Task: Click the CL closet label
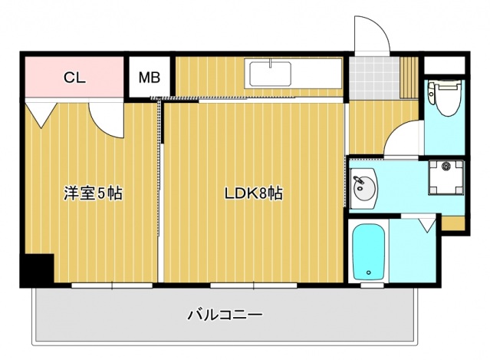(74, 78)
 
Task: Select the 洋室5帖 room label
(93, 193)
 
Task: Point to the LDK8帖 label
(254, 193)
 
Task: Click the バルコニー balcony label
(225, 314)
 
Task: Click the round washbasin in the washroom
(363, 187)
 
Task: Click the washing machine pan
(446, 177)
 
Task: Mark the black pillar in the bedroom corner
(35, 269)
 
